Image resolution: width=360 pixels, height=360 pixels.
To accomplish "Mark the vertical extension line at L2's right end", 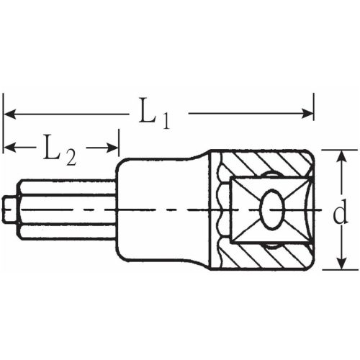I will pyautogui.click(x=119, y=144).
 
